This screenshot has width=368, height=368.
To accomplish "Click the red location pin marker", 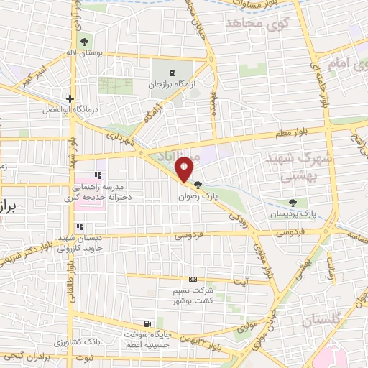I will click(x=185, y=168).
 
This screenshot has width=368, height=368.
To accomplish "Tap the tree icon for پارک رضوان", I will click(x=198, y=185).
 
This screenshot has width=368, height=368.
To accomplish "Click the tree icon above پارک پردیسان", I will click(x=292, y=203).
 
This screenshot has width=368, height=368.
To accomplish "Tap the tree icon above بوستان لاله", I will click(x=86, y=41).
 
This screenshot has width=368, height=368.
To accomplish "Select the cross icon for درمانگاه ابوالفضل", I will click(x=70, y=98).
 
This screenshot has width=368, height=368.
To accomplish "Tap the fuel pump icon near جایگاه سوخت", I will click(x=147, y=324).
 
